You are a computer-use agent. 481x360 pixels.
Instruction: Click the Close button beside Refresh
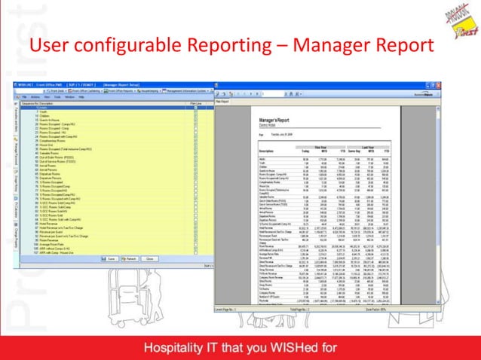[150, 258]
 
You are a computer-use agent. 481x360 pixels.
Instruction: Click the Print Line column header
[194, 103]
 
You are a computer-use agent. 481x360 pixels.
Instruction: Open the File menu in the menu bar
[24, 97]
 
